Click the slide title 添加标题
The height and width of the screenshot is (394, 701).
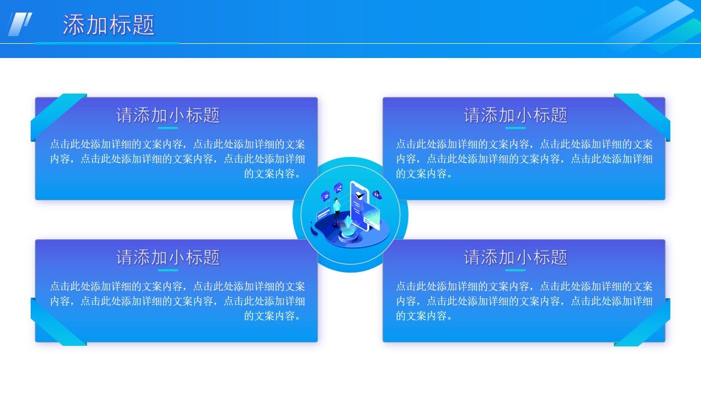(x=108, y=25)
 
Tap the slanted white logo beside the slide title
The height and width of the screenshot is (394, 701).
(x=20, y=24)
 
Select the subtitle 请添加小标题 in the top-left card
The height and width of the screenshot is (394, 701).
(x=168, y=115)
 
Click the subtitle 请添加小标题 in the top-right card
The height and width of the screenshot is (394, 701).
(x=515, y=115)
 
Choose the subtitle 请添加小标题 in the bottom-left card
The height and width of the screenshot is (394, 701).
(x=168, y=257)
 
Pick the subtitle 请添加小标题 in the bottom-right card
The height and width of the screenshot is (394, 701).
(x=515, y=257)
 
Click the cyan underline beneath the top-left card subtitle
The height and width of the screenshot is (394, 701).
(x=168, y=128)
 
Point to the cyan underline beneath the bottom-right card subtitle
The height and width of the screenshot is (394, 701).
(x=515, y=270)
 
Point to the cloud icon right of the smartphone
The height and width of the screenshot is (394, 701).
(x=377, y=194)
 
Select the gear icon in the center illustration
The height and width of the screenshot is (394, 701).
(x=325, y=195)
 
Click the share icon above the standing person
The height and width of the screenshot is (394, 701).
(x=338, y=188)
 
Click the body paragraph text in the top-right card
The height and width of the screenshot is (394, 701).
(x=524, y=159)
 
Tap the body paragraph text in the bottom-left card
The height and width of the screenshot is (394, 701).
(x=177, y=301)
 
